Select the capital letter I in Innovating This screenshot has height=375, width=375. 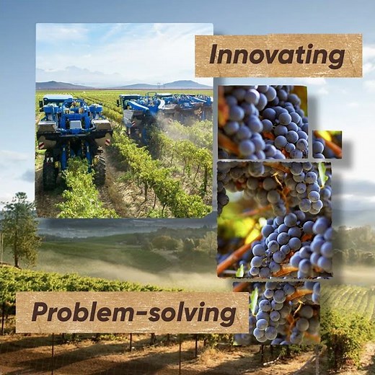point(213,55)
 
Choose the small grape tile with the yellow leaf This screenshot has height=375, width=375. point(327,144)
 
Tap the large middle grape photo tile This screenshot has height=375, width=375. point(274,219)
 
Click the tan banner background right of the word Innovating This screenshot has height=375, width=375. point(353,56)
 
